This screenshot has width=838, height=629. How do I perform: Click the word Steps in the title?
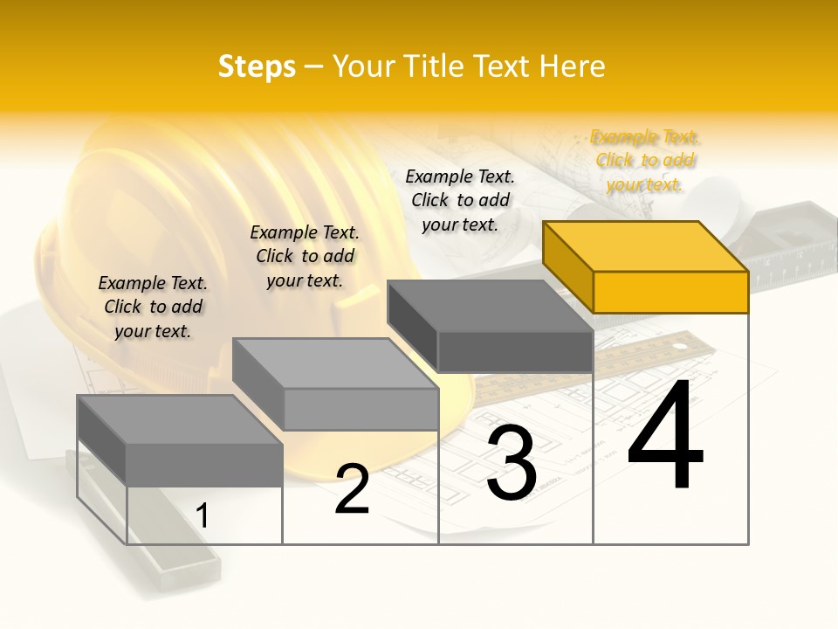click(256, 66)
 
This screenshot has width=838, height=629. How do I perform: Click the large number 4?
click(665, 436)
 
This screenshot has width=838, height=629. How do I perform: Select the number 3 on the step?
click(511, 464)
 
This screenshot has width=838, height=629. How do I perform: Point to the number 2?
click(352, 489)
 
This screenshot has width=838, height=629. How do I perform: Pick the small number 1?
click(203, 516)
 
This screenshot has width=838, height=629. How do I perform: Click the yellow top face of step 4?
click(645, 246)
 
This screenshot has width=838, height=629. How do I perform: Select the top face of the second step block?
click(334, 363)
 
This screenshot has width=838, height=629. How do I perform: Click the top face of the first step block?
click(179, 419)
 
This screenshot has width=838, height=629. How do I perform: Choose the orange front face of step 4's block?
click(670, 292)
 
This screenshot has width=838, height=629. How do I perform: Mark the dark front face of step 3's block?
click(515, 351)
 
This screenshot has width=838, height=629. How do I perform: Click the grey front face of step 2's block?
click(361, 409)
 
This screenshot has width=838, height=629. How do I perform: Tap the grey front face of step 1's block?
click(204, 465)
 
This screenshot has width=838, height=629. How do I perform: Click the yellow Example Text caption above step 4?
click(645, 161)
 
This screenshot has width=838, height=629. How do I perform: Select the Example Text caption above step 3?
click(460, 200)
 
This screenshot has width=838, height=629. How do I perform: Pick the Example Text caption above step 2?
click(305, 256)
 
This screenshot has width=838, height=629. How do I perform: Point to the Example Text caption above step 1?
click(153, 307)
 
